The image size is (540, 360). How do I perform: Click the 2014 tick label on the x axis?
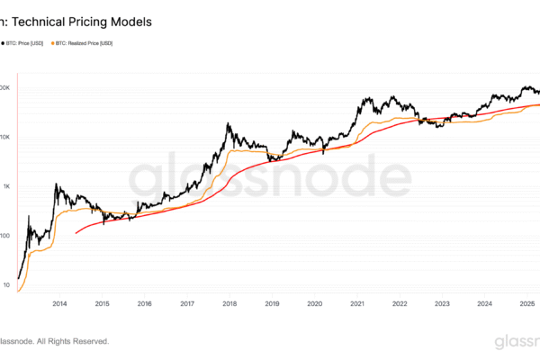click(x=59, y=305)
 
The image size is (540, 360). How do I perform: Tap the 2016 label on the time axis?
click(x=144, y=305)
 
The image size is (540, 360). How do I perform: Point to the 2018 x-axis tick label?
click(x=229, y=305)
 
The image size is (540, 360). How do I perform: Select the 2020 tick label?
click(x=314, y=305)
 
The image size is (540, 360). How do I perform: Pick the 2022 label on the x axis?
click(x=400, y=305)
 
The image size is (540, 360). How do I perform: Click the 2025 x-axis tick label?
click(x=527, y=305)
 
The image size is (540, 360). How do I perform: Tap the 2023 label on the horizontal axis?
click(x=442, y=305)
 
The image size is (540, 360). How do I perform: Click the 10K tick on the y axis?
click(x=5, y=137)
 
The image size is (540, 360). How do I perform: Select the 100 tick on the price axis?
click(x=5, y=236)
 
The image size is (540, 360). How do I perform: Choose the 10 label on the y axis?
click(x=7, y=285)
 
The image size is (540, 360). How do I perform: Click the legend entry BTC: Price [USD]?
click(x=28, y=42)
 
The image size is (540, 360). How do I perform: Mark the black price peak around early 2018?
click(x=229, y=124)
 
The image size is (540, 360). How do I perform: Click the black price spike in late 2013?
click(x=56, y=185)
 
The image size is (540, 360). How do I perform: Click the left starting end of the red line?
click(x=76, y=233)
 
